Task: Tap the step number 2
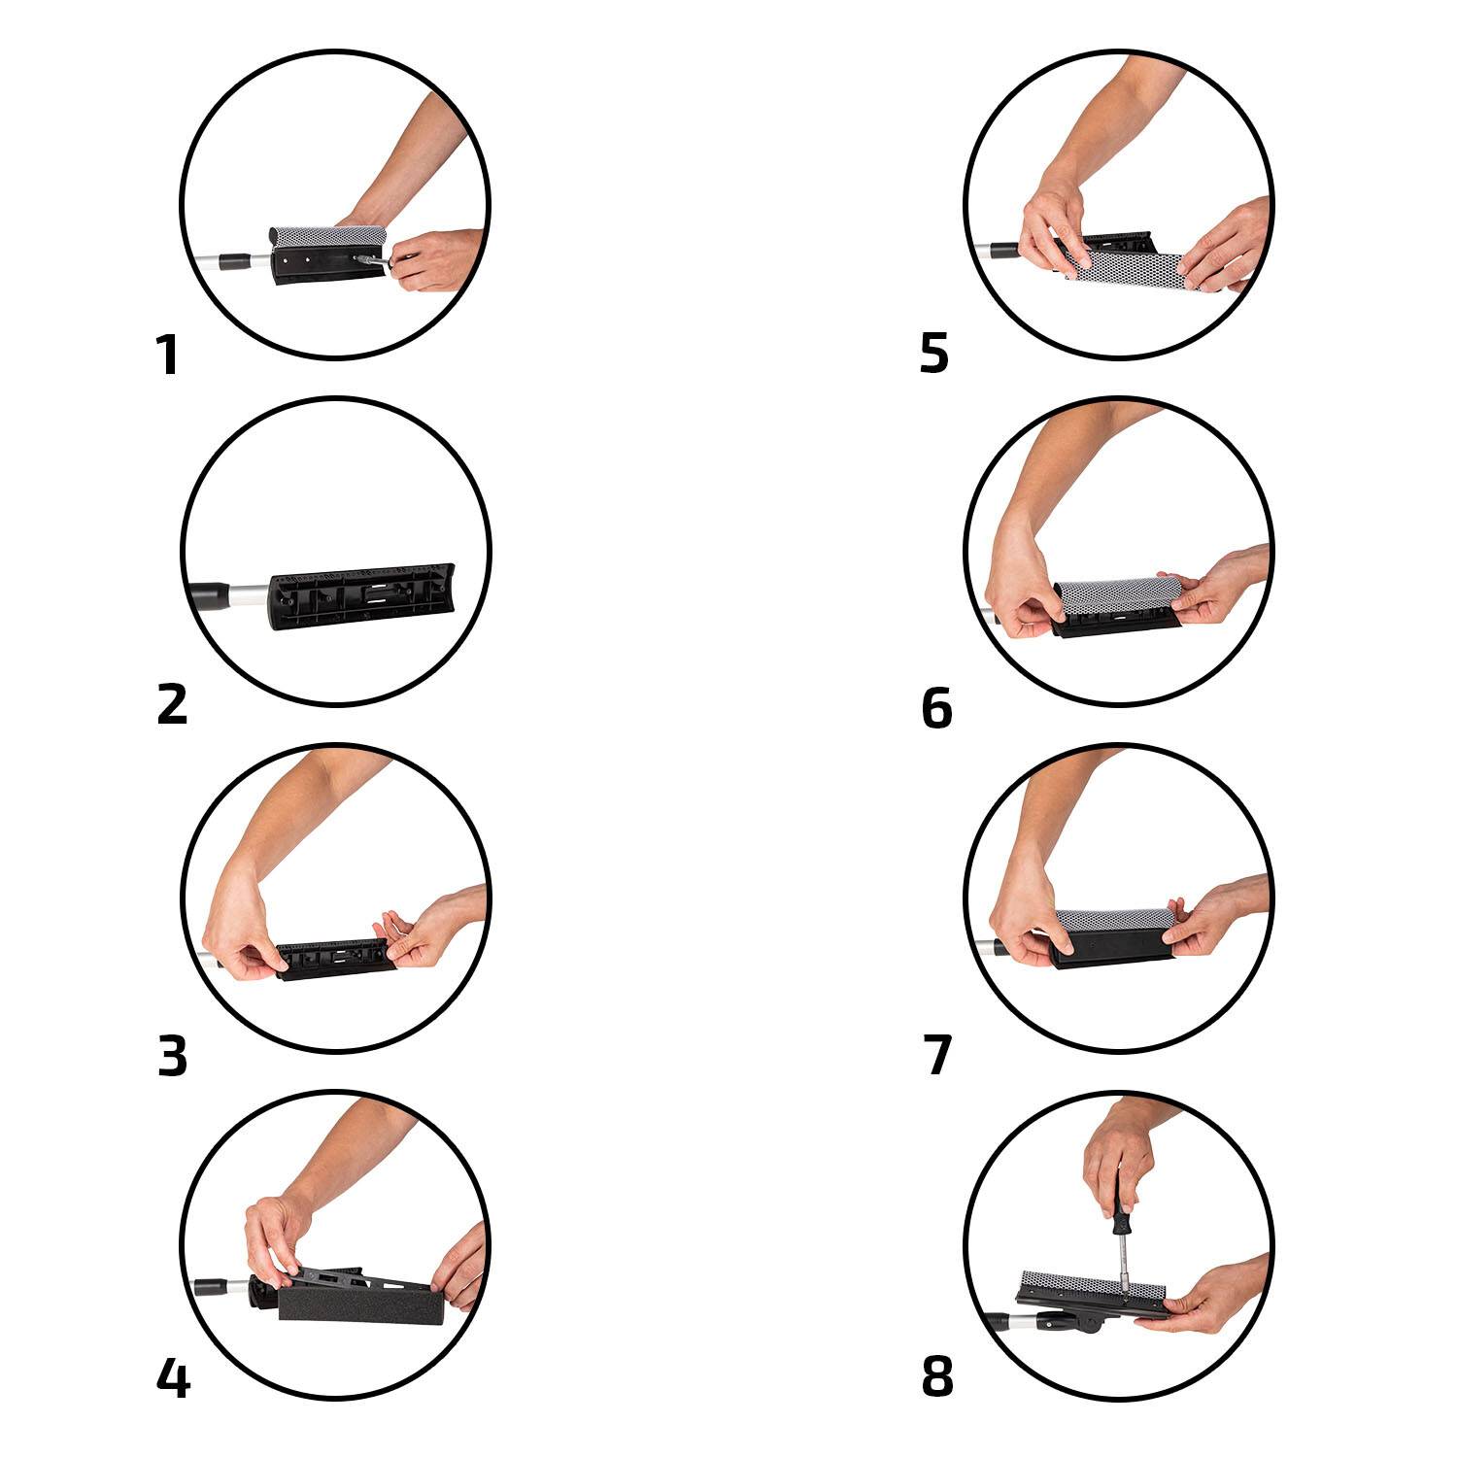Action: pyautogui.click(x=172, y=704)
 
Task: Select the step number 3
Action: pyautogui.click(x=172, y=1057)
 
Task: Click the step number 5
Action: pyautogui.click(x=933, y=355)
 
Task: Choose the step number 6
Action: pyautogui.click(x=936, y=708)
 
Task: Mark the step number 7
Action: pyautogui.click(x=937, y=1057)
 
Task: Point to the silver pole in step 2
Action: pyautogui.click(x=247, y=591)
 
